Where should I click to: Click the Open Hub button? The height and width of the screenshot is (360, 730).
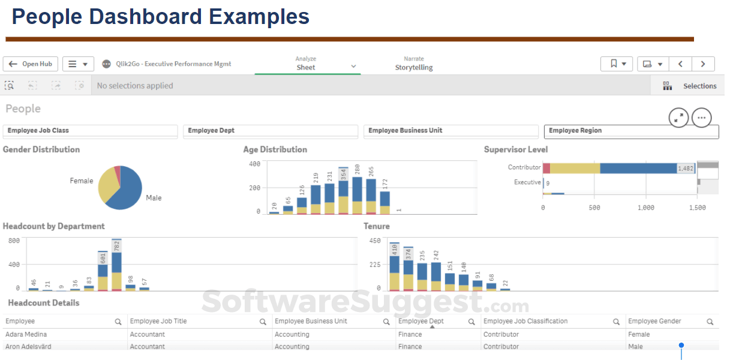[x=31, y=64]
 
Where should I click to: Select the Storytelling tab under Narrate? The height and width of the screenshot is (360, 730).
[x=413, y=67]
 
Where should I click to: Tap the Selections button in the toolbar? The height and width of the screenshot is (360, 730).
[x=690, y=86]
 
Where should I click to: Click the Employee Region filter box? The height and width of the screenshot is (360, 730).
[x=630, y=131]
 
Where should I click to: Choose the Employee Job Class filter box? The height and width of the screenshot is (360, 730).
[x=91, y=131]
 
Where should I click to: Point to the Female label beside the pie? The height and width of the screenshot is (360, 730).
[x=82, y=181]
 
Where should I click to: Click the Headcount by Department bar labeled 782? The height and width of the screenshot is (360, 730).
[x=116, y=267]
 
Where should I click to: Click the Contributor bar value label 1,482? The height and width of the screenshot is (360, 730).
[x=686, y=169]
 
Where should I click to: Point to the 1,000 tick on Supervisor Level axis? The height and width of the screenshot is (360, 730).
[x=646, y=208]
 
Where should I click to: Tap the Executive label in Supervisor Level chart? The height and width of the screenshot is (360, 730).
[x=527, y=182]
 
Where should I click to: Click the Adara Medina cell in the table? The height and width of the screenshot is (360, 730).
[x=26, y=334]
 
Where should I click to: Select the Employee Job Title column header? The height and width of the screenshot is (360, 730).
[x=158, y=322]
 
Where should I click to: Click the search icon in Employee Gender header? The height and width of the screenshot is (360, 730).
[x=710, y=322]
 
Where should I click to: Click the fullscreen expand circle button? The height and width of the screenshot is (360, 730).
[x=678, y=118]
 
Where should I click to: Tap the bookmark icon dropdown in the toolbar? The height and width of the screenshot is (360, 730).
[x=617, y=64]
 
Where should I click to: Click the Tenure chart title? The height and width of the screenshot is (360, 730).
[x=377, y=226]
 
